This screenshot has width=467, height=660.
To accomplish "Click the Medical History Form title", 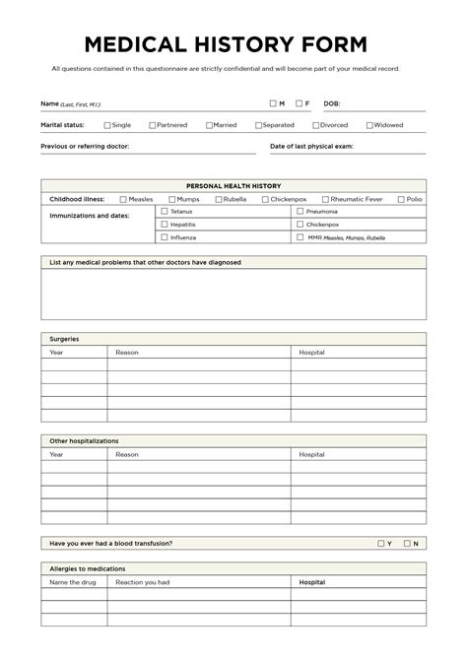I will tap(226, 44).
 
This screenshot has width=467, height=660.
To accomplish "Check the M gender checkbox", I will tap(273, 103).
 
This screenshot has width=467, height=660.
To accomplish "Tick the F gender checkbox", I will tap(298, 103).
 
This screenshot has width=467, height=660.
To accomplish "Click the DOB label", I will tap(331, 103).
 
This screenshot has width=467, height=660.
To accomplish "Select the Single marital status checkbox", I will tap(107, 125).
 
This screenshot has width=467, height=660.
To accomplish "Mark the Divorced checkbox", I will tap(315, 125).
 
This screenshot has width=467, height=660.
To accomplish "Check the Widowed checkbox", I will tap(369, 125).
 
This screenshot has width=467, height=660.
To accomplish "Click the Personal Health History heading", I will tap(233, 185).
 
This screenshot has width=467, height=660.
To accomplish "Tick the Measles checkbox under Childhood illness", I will tap(123, 199).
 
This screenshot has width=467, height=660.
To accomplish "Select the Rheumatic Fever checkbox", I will tap(325, 199).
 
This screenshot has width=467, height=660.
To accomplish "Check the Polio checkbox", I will tap(401, 199).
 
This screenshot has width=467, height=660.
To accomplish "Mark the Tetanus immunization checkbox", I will tap(165, 211).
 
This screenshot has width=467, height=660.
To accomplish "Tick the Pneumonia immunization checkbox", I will tap(300, 211).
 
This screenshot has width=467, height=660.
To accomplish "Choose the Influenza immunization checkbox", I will tap(165, 237).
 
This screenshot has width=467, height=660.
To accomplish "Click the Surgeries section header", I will tap(65, 339).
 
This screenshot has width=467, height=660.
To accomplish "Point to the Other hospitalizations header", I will tap(84, 441).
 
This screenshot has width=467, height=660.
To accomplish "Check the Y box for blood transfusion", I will tap(380, 543).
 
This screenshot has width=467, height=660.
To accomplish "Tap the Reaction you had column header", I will tap(143, 582).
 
